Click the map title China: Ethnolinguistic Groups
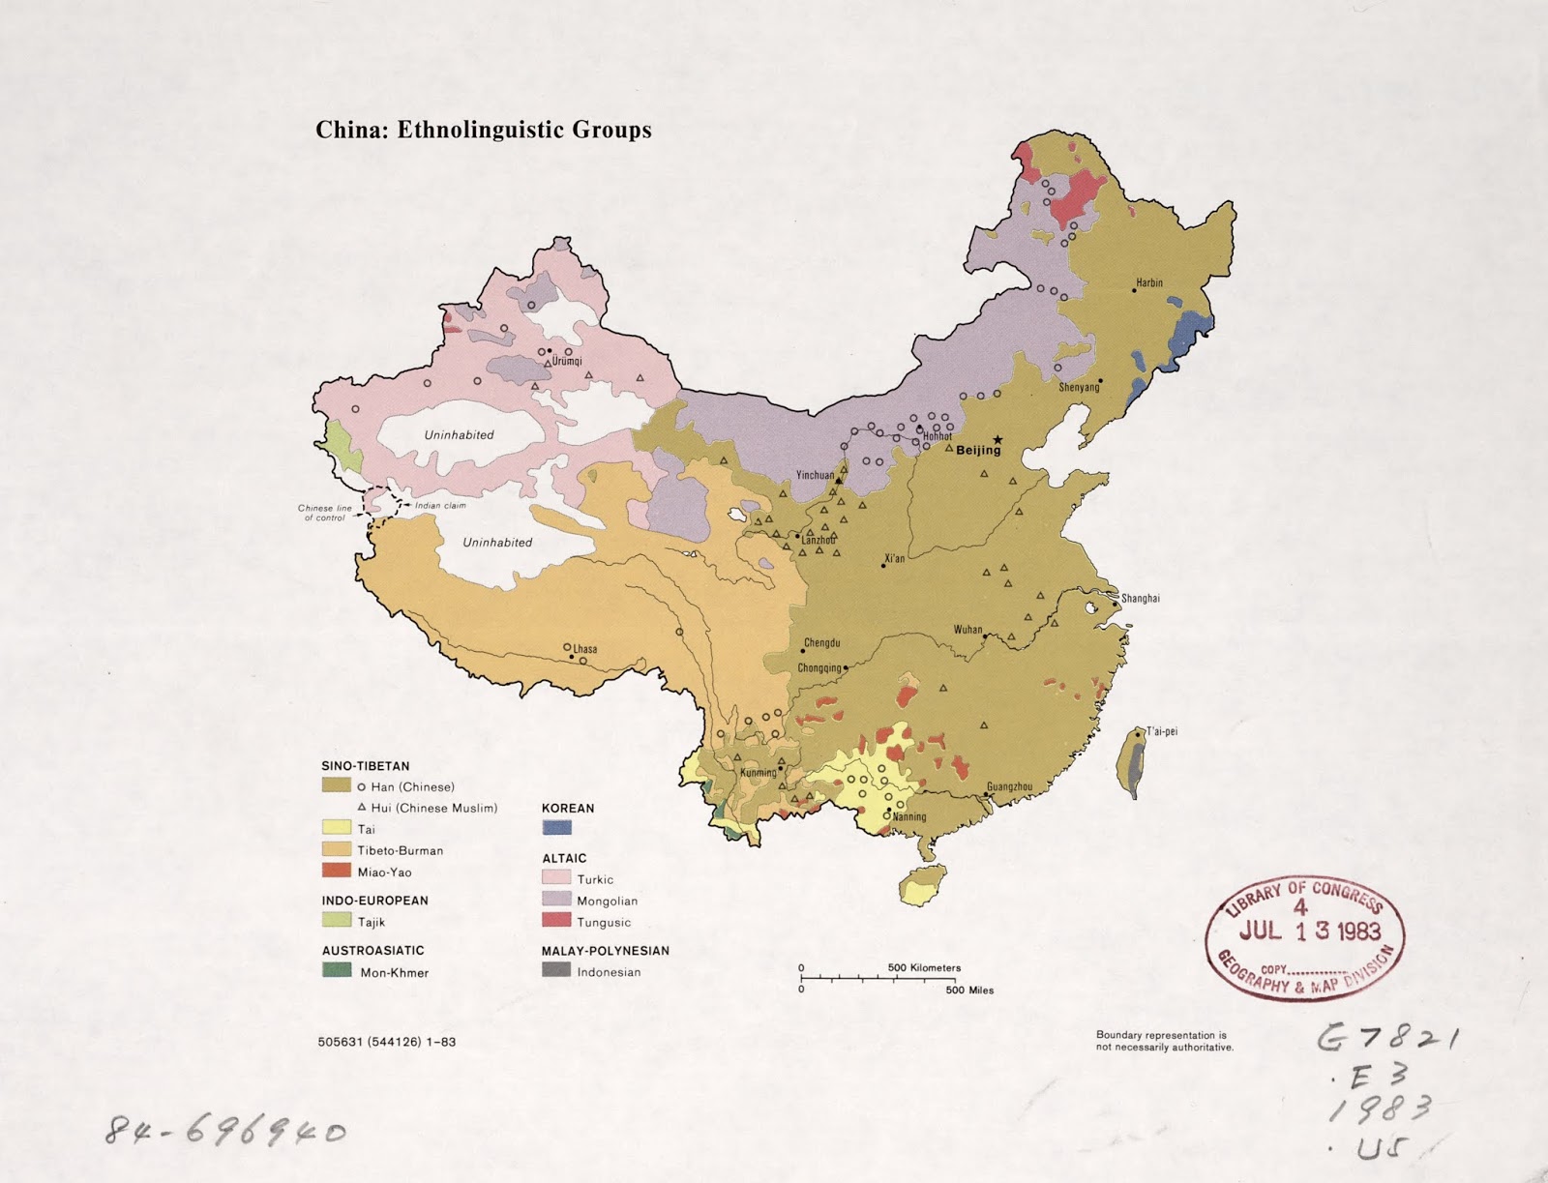[483, 130]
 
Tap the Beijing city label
[978, 450]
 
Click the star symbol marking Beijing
[997, 439]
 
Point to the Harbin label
[1149, 283]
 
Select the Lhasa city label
[585, 649]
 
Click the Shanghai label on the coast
[1141, 599]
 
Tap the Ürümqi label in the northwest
[567, 362]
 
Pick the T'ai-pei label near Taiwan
[1162, 731]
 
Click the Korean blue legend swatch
[556, 828]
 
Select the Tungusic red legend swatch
[556, 921]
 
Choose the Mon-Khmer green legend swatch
[337, 970]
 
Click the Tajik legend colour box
[337, 921]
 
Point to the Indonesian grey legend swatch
[556, 970]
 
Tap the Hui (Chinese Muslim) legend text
[434, 808]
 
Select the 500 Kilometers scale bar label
[924, 967]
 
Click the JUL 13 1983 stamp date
[1309, 931]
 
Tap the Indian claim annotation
[440, 506]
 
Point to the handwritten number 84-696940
[225, 1130]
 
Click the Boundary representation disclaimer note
[1164, 1041]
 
